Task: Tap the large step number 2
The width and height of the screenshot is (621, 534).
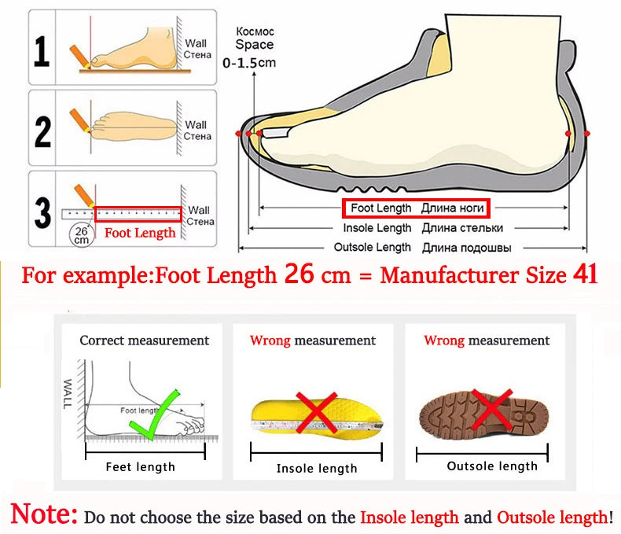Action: (x=43, y=129)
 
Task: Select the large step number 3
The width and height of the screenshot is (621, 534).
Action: (x=43, y=211)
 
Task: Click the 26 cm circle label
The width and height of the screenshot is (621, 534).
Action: (x=82, y=234)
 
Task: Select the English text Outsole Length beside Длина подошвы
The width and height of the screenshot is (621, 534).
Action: (x=373, y=247)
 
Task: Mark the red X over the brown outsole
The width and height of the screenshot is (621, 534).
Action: (x=493, y=408)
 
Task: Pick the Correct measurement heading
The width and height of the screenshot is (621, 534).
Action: (x=145, y=341)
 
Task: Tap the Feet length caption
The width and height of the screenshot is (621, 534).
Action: (x=141, y=467)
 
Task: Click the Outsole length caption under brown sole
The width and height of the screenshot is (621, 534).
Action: (x=492, y=466)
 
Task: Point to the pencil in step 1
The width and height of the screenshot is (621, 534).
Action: (x=81, y=56)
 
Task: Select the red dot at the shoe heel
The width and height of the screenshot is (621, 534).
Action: (x=568, y=135)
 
